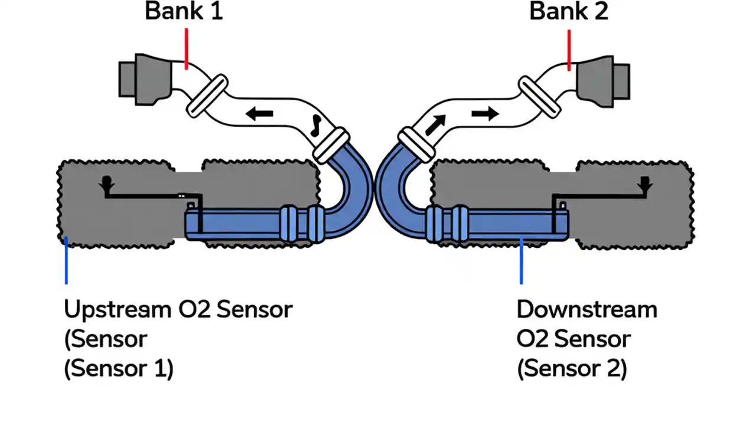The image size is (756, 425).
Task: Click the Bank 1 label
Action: click(184, 12)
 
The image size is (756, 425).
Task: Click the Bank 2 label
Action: click(568, 12)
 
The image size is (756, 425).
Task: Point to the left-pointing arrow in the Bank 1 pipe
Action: click(259, 114)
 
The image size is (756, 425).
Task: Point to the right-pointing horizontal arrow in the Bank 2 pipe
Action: click(485, 113)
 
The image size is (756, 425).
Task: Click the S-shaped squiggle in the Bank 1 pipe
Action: click(317, 123)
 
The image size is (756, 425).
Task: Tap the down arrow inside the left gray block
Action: click(107, 185)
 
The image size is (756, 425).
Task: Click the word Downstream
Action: click(586, 309)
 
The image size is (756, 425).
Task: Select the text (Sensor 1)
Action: click(119, 369)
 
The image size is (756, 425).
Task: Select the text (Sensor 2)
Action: click(572, 369)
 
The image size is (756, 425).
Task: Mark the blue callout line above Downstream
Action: click(521, 262)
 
